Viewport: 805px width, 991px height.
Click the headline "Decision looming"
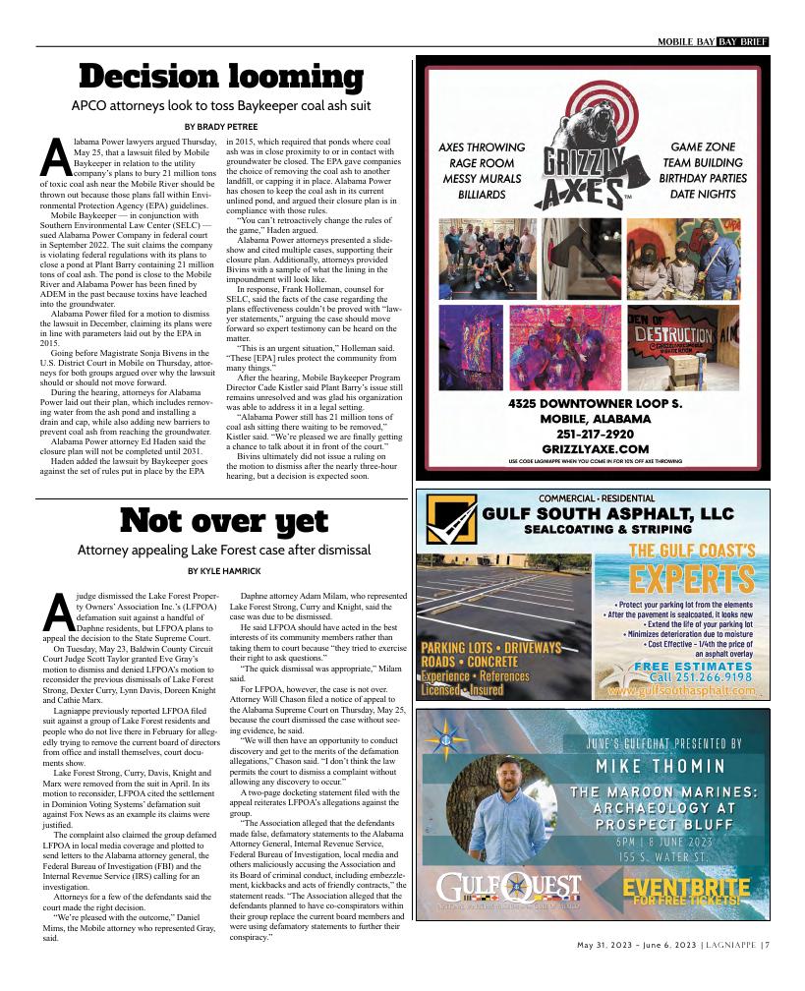(221, 76)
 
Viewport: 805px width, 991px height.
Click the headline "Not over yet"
(223, 519)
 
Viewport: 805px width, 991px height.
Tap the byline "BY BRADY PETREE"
(221, 127)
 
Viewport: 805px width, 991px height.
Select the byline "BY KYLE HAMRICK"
(223, 571)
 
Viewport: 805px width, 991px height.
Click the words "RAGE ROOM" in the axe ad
(482, 163)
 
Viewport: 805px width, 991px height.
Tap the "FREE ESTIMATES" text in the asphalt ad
(693, 667)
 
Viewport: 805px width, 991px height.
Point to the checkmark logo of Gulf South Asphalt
(449, 521)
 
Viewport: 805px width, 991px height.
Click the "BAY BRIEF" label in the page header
(742, 41)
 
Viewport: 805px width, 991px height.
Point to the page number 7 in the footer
(765, 946)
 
